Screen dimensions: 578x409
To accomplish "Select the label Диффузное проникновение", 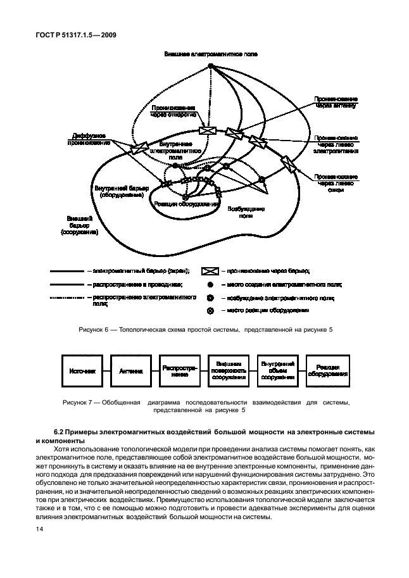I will [89, 138].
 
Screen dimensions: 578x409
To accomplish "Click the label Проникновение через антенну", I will [335, 103].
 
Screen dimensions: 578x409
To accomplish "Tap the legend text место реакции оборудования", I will [267, 310].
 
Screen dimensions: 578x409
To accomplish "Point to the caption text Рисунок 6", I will [94, 330].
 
